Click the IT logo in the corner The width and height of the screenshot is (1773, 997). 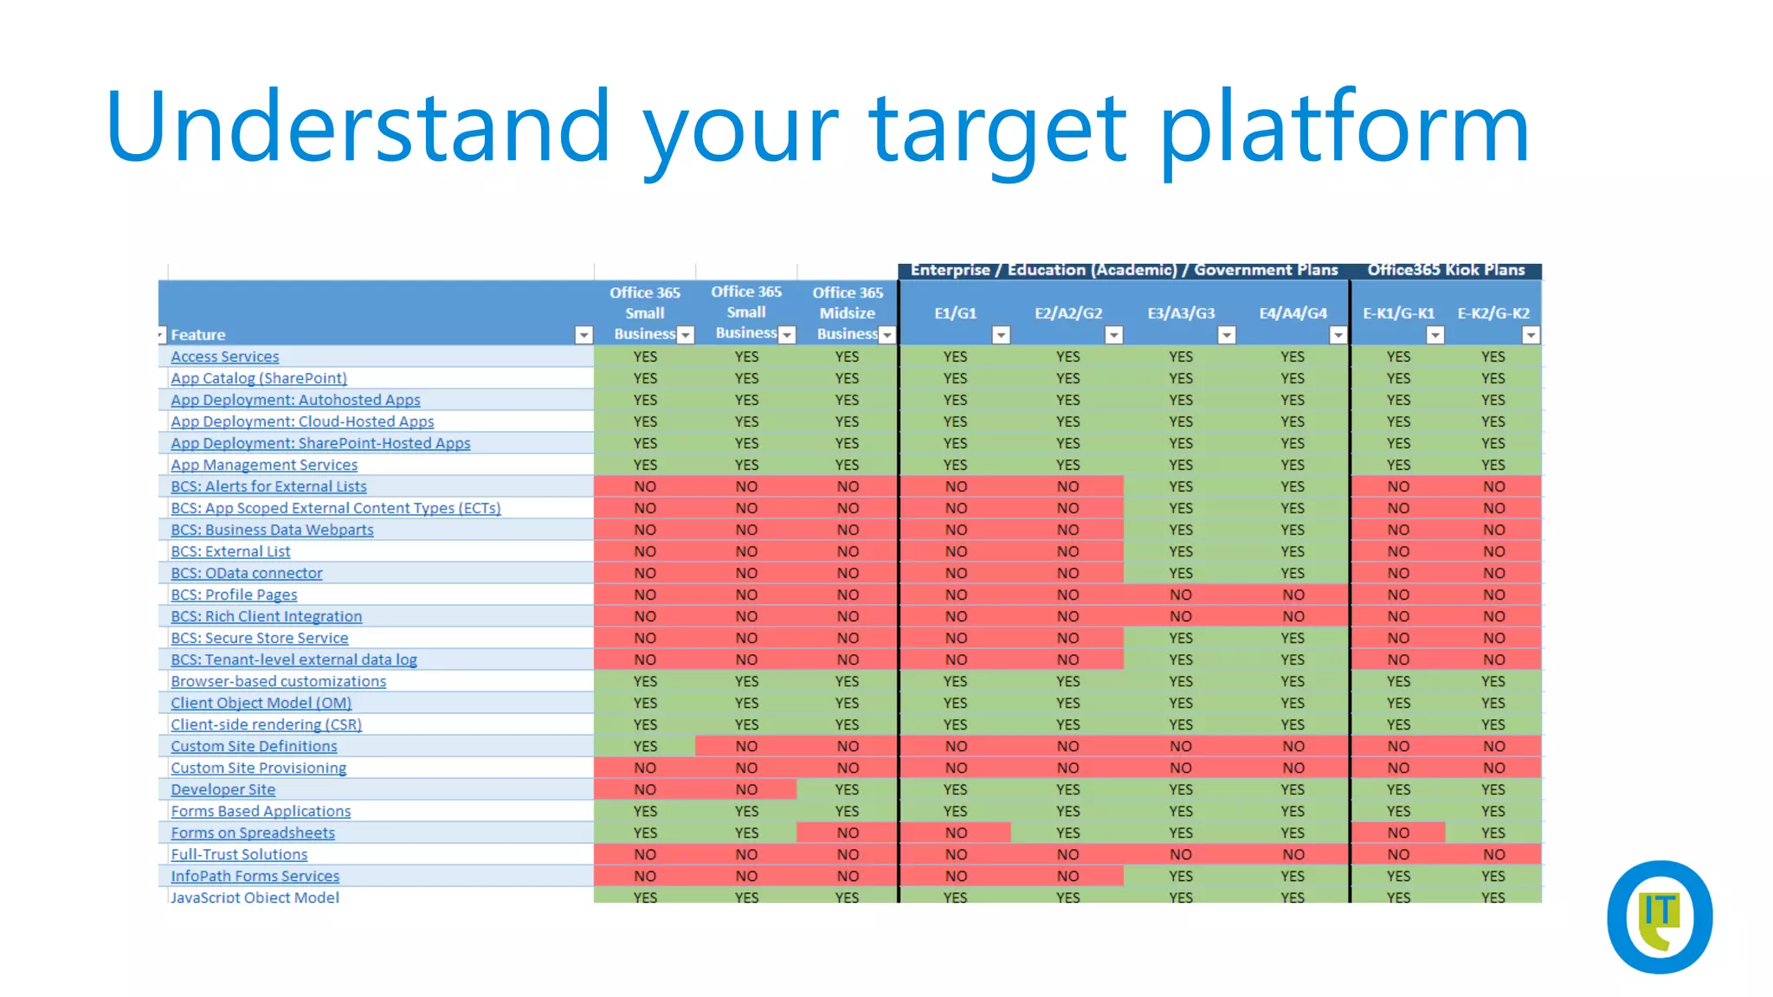coord(1659,917)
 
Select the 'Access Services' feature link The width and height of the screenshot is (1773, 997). coord(224,357)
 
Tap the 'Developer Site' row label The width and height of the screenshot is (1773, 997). coord(222,789)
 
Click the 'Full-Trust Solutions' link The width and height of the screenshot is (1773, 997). coord(239,854)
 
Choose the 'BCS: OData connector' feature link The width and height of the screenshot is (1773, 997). coord(246,573)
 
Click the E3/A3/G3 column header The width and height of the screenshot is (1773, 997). coord(1181,313)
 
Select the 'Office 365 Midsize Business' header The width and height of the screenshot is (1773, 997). coord(847,312)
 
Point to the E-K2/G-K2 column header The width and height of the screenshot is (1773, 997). coord(1493,313)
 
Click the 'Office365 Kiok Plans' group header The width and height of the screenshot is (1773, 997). coord(1446,270)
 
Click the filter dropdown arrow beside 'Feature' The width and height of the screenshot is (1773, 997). coord(584,335)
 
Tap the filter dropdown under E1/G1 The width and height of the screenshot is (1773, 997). coord(1001,335)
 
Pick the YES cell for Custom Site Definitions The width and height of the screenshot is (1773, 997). coord(645,746)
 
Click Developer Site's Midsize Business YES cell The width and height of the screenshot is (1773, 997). coord(847,789)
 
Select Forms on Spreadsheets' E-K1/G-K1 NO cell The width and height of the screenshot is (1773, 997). coord(1398,833)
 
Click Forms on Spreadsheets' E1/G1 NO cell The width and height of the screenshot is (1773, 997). coord(956,833)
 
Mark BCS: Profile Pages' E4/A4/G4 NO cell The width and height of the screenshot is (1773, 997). coord(1293,595)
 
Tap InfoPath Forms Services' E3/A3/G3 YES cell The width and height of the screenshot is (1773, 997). coord(1181,876)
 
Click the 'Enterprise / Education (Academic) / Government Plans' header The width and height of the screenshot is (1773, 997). coord(1124,270)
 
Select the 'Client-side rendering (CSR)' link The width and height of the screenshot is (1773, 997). coord(266,724)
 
